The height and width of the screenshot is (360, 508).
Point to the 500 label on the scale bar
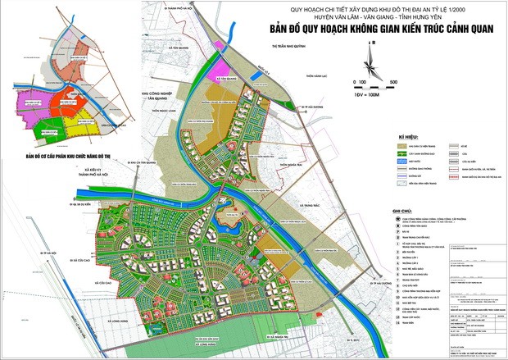393,83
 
